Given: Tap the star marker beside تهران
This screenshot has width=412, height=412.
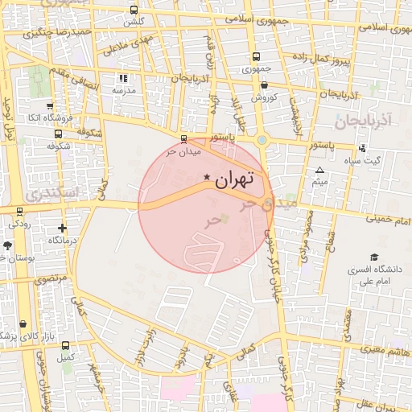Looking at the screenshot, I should pos(207,177).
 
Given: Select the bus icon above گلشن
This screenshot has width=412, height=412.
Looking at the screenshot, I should pos(134,10).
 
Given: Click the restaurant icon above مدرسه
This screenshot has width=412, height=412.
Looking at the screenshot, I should pos(123,78).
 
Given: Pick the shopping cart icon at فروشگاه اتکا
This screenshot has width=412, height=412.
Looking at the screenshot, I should pos(50,105).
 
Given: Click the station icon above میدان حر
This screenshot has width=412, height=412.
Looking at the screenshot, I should pos(184,138).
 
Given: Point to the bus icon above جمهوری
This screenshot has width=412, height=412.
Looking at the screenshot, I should pos(256,56).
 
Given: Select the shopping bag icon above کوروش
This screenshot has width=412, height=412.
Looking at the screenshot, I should pos(264,85).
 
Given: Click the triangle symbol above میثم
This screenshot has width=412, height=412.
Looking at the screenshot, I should pos(319,171).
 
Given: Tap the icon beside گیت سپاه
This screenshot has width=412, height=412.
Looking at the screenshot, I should pos(362,147).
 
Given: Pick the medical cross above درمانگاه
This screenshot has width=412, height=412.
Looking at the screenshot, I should pos(62,228).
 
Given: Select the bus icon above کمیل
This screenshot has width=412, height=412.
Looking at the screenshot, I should pos(64,344).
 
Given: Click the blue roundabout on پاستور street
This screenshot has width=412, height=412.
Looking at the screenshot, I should pos(262,140).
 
